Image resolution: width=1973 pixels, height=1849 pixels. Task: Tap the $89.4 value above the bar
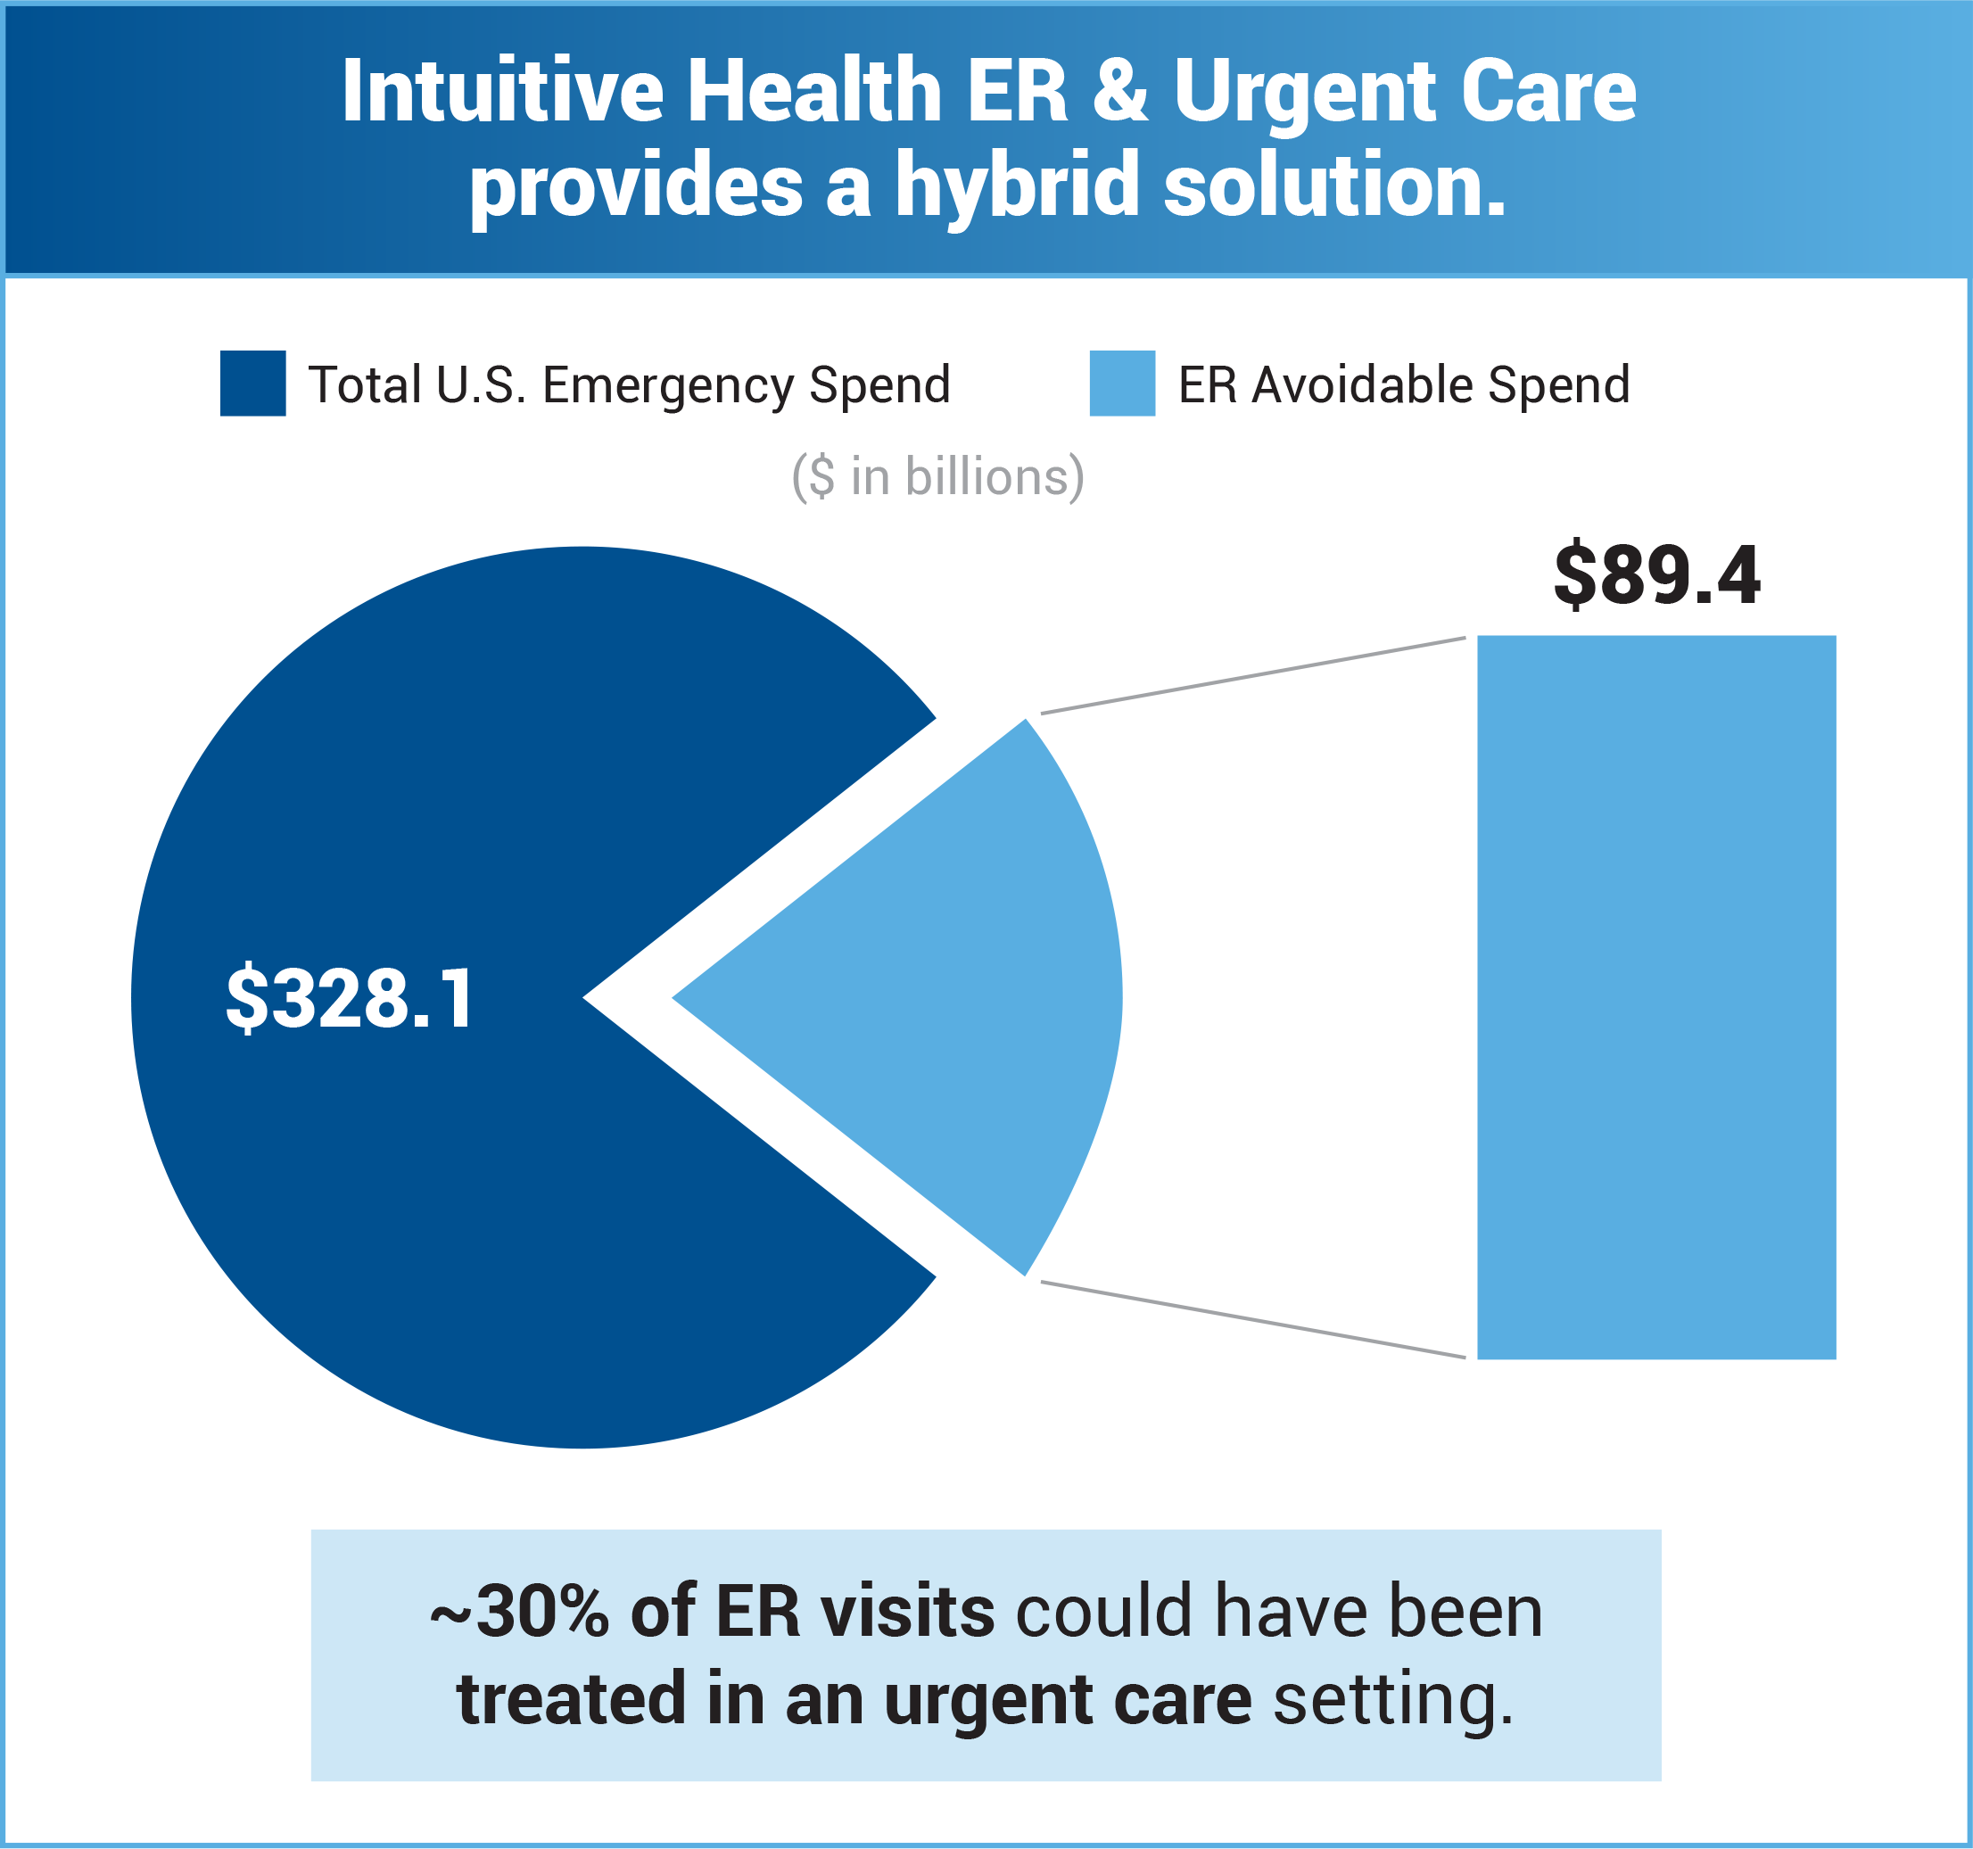(1656, 575)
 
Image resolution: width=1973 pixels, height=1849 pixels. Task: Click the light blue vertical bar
(1656, 996)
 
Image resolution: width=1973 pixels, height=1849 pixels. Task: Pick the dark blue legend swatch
(253, 384)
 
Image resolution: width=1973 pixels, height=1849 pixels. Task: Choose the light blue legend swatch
(1121, 384)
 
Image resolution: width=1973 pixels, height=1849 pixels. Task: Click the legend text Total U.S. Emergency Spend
(629, 385)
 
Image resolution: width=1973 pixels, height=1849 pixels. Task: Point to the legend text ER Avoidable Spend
(1403, 385)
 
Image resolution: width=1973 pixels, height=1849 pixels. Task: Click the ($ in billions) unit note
(937, 477)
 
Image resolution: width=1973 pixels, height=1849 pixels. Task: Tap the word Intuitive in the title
(502, 91)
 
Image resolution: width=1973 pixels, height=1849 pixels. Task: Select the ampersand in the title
(1120, 91)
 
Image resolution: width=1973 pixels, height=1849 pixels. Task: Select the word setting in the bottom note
(1392, 1700)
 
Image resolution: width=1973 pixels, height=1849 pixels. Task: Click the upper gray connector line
(1252, 675)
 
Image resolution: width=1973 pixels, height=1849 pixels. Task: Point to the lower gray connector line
(1252, 1319)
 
